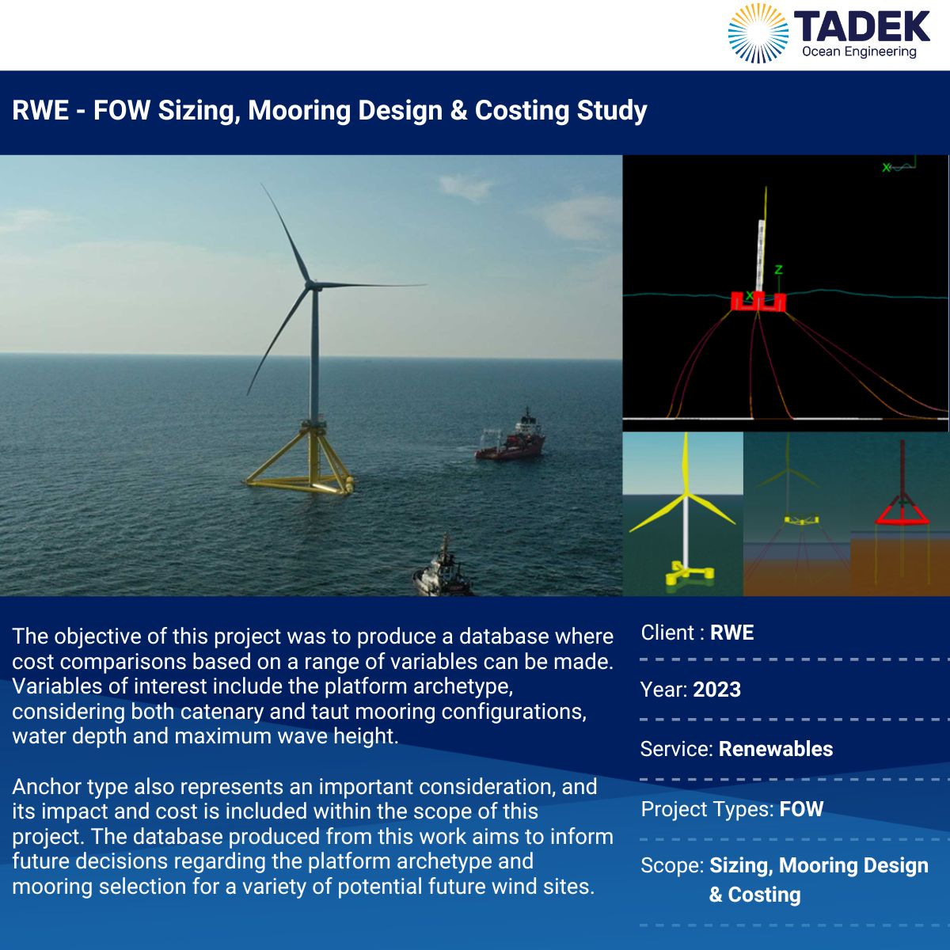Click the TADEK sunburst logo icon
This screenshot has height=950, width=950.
tap(758, 33)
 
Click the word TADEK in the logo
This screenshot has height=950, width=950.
tap(862, 27)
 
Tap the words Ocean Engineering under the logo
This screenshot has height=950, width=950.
tap(859, 51)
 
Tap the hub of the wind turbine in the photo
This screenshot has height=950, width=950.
tap(311, 285)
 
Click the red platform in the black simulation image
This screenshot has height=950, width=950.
tap(758, 301)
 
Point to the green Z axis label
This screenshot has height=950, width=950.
tap(778, 270)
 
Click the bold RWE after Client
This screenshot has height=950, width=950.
tap(731, 633)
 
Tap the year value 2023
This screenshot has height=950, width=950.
tap(716, 690)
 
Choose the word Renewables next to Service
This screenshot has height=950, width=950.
tap(776, 749)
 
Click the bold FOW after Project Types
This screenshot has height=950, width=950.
tap(801, 809)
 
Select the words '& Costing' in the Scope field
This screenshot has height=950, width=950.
tap(754, 895)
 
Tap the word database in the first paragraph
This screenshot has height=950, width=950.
tap(503, 636)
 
